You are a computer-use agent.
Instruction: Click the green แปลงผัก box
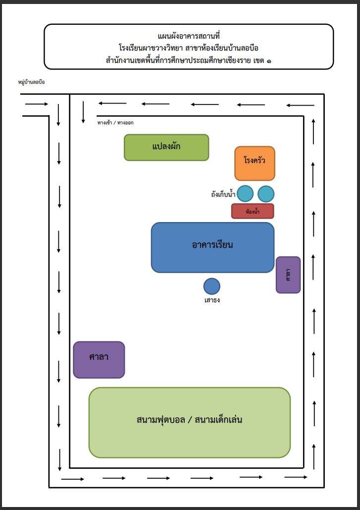pyautogui.click(x=166, y=147)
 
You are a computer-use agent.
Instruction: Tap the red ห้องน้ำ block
pyautogui.click(x=253, y=211)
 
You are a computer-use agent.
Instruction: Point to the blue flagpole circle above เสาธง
pyautogui.click(x=212, y=286)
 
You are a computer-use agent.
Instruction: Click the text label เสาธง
pyautogui.click(x=212, y=300)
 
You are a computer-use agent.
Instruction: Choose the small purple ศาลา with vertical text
pyautogui.click(x=288, y=275)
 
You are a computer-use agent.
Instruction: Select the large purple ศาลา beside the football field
pyautogui.click(x=99, y=359)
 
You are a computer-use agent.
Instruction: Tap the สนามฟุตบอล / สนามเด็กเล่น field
pyautogui.click(x=189, y=422)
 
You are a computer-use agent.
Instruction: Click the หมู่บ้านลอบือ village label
pyautogui.click(x=32, y=82)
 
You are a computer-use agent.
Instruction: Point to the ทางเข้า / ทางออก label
pyautogui.click(x=115, y=122)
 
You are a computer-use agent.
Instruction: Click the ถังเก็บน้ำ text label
pyautogui.click(x=222, y=194)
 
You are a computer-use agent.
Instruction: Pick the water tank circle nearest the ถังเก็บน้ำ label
pyautogui.click(x=245, y=194)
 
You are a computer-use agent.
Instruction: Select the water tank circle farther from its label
pyautogui.click(x=266, y=194)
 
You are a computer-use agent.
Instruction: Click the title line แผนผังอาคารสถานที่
pyautogui.click(x=189, y=36)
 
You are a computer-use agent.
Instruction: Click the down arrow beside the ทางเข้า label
pyautogui.click(x=83, y=112)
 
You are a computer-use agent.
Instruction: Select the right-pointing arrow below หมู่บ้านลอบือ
pyautogui.click(x=37, y=104)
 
